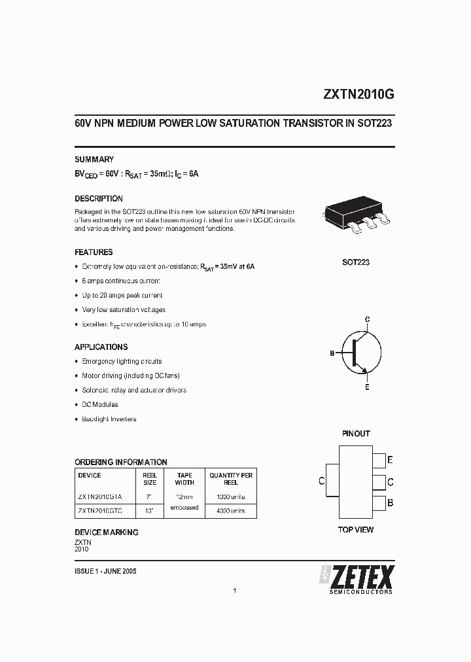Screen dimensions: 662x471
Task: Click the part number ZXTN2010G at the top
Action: (358, 94)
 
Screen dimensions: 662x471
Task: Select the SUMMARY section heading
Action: (94, 159)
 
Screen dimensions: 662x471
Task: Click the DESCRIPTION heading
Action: (99, 198)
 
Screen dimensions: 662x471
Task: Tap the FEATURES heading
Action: (94, 252)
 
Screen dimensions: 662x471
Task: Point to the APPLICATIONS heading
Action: (101, 347)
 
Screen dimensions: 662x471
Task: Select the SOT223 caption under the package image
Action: (356, 262)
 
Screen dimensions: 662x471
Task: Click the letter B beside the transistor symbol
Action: (332, 353)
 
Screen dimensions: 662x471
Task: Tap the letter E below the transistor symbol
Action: (367, 387)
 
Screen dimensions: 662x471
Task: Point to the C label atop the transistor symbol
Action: (368, 319)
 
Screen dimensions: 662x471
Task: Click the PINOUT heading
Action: (356, 434)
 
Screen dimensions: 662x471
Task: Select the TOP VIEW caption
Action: (356, 529)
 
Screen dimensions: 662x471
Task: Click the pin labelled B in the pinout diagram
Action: (379, 503)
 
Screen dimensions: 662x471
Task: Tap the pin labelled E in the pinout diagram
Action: (379, 460)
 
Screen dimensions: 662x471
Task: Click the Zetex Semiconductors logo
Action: (356, 579)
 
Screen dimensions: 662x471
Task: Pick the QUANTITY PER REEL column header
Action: (231, 479)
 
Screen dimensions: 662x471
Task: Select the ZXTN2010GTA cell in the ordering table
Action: (99, 497)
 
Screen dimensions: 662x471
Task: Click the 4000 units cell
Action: (231, 511)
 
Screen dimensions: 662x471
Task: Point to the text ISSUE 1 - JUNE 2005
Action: (105, 571)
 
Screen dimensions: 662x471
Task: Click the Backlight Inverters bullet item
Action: (109, 419)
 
